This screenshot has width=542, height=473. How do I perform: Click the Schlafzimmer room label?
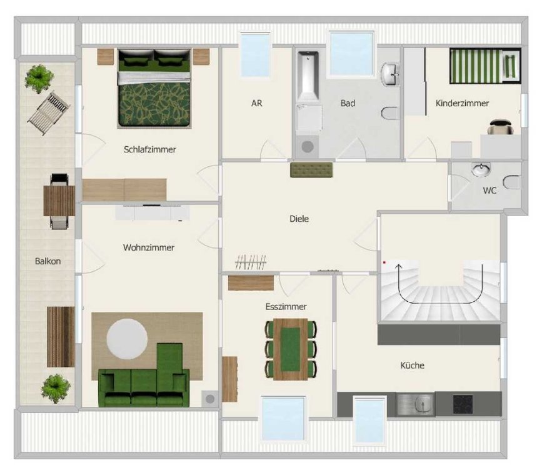[x=149, y=149]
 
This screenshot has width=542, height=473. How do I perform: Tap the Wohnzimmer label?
[x=149, y=247]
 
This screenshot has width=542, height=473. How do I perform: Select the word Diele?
[x=299, y=218]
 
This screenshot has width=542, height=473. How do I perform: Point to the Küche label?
[x=413, y=365]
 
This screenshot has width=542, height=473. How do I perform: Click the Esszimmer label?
[x=286, y=306]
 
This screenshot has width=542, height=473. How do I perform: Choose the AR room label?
[x=257, y=103]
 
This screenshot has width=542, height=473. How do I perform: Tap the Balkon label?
[x=48, y=261]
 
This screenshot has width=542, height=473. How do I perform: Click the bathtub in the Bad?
[x=308, y=76]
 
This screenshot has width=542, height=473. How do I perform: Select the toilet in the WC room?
[x=512, y=182]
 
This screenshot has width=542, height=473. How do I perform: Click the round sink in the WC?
[x=481, y=170]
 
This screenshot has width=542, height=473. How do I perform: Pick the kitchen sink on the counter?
[x=415, y=404]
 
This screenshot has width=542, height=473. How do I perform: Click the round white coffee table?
[x=127, y=339]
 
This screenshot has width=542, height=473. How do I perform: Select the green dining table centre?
[x=290, y=349]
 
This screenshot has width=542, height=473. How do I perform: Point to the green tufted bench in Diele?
[x=311, y=170]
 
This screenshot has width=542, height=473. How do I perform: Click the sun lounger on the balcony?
[x=49, y=112]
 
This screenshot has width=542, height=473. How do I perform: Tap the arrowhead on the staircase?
[x=399, y=267]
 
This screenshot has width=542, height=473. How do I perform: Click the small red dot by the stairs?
[x=384, y=262]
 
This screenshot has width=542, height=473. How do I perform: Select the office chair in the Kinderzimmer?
[x=500, y=127]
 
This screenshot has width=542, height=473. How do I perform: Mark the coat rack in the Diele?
[x=251, y=262]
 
